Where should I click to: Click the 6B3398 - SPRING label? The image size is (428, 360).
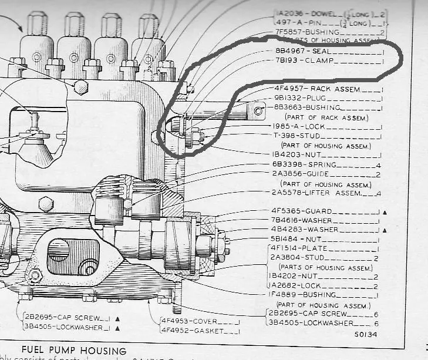299,164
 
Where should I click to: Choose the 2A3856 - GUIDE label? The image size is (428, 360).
299,174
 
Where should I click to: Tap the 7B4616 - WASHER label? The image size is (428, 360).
301,220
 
